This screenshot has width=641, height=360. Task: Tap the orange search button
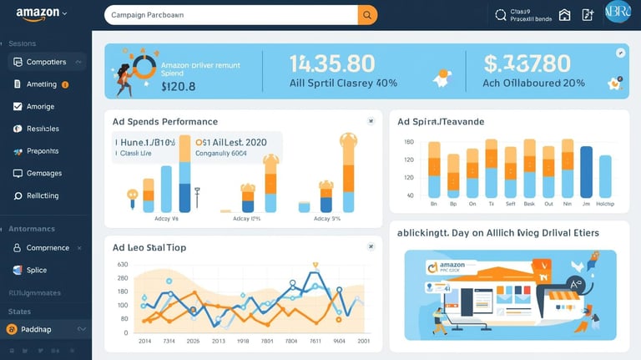[367, 15]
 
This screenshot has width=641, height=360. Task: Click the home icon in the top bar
[565, 15]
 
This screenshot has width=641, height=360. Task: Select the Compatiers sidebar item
[46, 62]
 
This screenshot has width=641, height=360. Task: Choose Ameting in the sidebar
[41, 84]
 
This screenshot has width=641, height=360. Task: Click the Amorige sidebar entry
[40, 107]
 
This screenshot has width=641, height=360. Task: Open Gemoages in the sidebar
[43, 174]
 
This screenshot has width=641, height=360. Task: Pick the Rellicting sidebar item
[43, 195]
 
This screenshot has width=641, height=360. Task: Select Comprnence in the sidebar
[48, 248]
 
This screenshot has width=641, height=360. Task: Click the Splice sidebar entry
[37, 271]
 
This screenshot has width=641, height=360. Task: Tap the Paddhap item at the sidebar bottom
[36, 329]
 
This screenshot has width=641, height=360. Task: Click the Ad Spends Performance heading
[164, 122]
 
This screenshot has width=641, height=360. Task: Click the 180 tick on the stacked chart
[409, 142]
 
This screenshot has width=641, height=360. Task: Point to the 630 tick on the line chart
[123, 265]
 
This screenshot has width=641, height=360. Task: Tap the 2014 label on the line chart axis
[145, 342]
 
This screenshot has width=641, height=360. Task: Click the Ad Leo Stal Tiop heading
[150, 248]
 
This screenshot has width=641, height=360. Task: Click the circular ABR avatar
[617, 15]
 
